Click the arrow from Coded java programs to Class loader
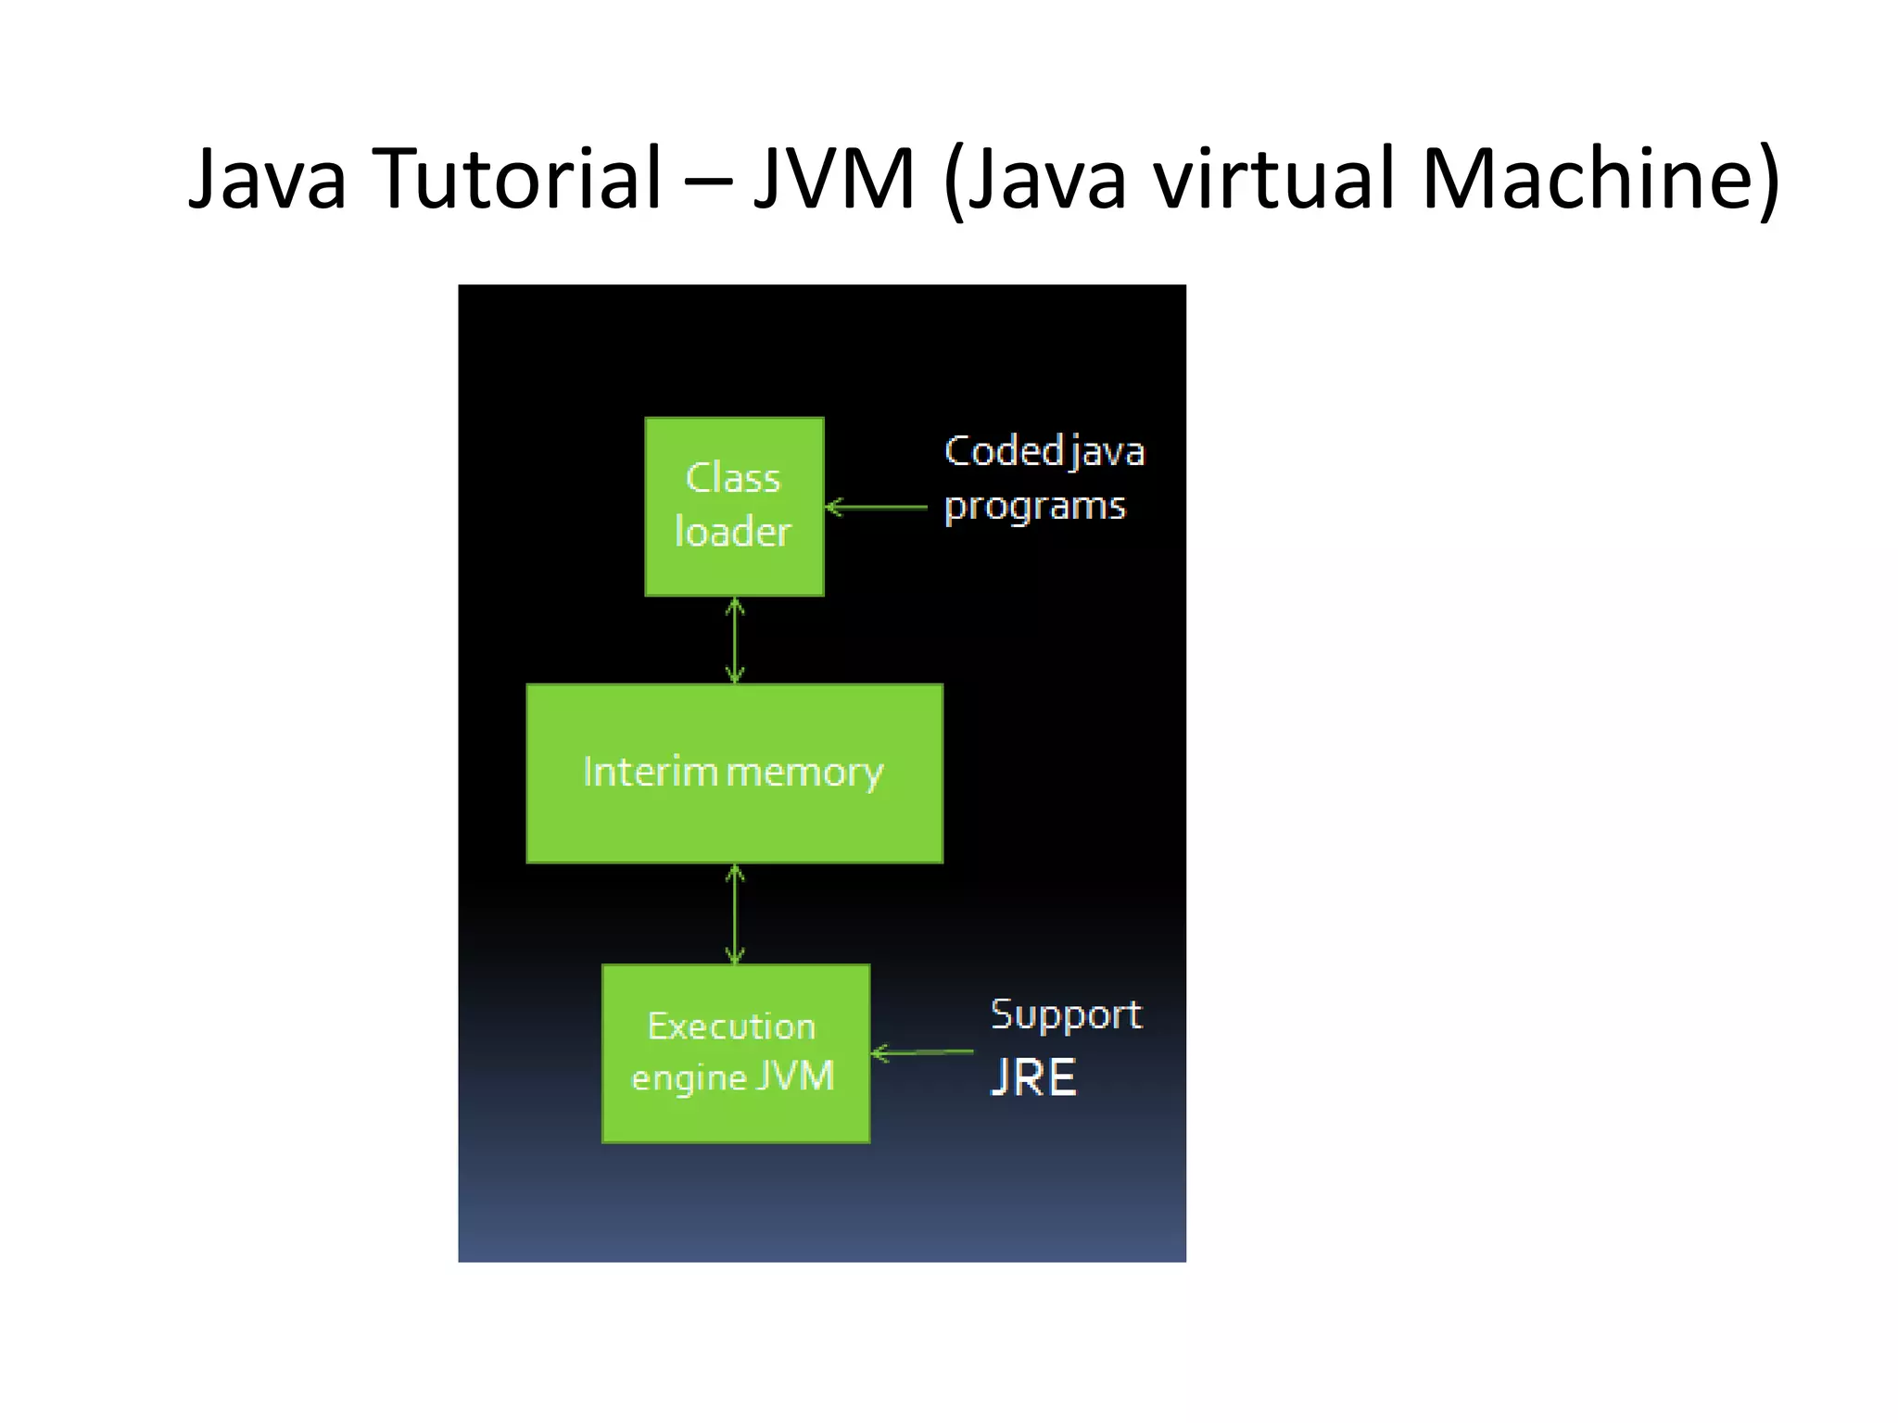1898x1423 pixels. [875, 507]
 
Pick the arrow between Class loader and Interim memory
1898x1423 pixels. [735, 640]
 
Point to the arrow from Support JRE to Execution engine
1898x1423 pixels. [922, 1052]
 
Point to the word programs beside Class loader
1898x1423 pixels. [1034, 507]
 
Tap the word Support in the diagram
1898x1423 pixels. [1066, 1015]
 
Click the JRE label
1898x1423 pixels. [1033, 1077]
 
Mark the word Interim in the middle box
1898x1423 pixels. [650, 772]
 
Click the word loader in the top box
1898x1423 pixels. [732, 532]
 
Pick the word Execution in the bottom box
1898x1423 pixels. [731, 1026]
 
